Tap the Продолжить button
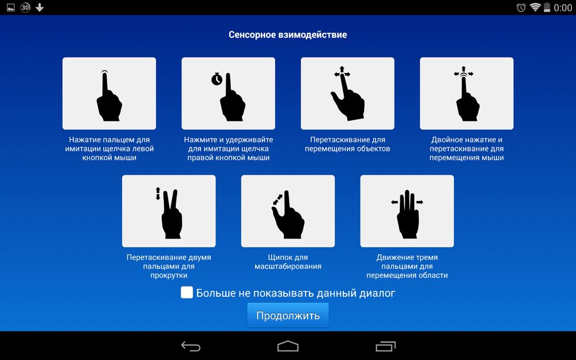tap(287, 315)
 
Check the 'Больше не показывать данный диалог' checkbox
tap(187, 293)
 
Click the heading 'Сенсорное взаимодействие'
tap(287, 35)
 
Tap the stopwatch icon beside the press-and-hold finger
tap(217, 79)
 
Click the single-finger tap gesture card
tap(109, 93)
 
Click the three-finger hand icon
tap(408, 214)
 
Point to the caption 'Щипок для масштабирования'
tap(287, 262)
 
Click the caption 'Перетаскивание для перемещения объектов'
tap(347, 144)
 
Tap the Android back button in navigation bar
tap(191, 346)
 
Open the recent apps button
tap(385, 346)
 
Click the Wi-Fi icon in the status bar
tap(535, 7)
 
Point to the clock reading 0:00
tap(563, 7)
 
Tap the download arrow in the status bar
tap(40, 7)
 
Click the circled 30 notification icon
tap(25, 7)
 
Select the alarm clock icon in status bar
tap(521, 7)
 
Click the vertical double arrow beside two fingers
tap(158, 194)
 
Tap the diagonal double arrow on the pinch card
tap(278, 199)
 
